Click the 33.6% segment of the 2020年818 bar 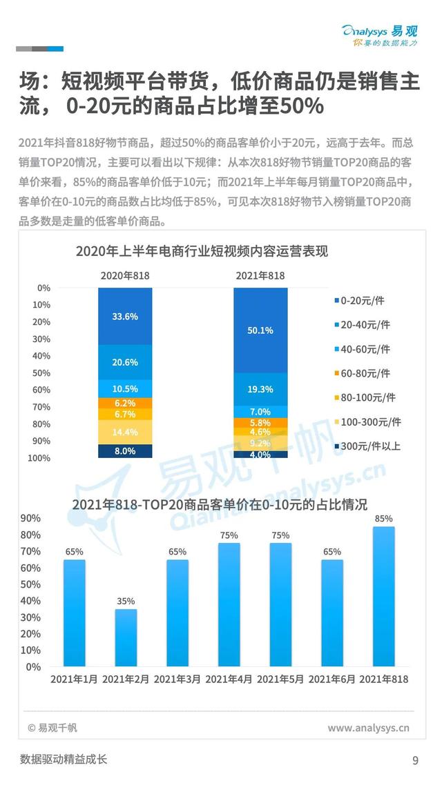(125, 316)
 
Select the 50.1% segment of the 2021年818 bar (260, 330)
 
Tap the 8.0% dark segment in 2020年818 (125, 451)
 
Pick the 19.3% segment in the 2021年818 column (260, 389)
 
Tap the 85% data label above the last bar (384, 519)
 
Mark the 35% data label (126, 602)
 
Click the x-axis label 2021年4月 (229, 679)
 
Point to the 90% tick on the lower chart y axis (32, 518)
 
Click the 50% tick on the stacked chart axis (43, 373)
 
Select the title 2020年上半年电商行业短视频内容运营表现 (202, 251)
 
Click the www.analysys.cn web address (368, 727)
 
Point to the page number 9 (415, 761)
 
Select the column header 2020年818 (125, 275)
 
